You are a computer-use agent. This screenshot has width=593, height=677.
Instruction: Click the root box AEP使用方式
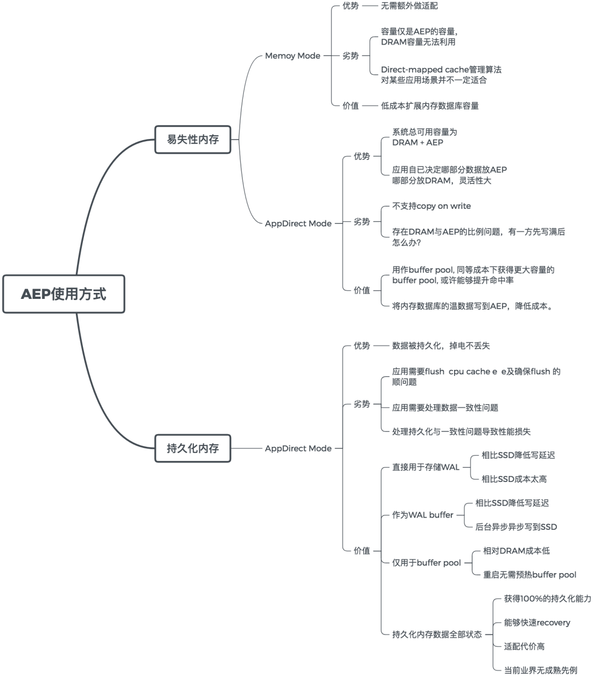click(64, 294)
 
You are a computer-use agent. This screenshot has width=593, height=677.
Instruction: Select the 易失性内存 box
click(193, 140)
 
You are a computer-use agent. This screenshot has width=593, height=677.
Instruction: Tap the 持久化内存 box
click(193, 448)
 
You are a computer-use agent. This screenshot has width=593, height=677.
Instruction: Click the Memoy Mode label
click(292, 56)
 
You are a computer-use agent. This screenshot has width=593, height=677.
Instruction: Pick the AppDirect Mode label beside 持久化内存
click(298, 448)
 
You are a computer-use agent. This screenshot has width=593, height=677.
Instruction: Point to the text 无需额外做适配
click(409, 6)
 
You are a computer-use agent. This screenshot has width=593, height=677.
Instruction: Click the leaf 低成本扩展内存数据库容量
click(429, 106)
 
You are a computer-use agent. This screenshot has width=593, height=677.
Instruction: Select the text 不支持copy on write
click(431, 206)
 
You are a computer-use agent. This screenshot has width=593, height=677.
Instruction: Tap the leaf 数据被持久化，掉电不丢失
click(440, 346)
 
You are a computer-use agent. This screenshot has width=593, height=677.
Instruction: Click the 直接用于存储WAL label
click(426, 467)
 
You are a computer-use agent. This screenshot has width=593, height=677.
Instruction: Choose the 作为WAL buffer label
click(422, 515)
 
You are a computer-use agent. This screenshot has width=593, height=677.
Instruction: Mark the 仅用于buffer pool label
click(426, 563)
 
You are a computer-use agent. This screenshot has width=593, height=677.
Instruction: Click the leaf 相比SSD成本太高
click(514, 479)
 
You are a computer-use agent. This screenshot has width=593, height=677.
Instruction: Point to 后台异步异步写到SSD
click(516, 527)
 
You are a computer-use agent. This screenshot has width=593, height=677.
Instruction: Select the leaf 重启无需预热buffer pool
click(529, 575)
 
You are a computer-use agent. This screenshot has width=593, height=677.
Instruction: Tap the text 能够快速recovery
click(536, 623)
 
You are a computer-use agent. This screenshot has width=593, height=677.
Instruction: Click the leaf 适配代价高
click(524, 646)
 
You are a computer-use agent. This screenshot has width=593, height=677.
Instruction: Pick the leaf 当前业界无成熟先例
click(540, 670)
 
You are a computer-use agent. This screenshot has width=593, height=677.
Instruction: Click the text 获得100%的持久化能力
click(547, 598)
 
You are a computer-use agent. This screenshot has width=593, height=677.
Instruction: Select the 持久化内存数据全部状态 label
click(437, 634)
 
